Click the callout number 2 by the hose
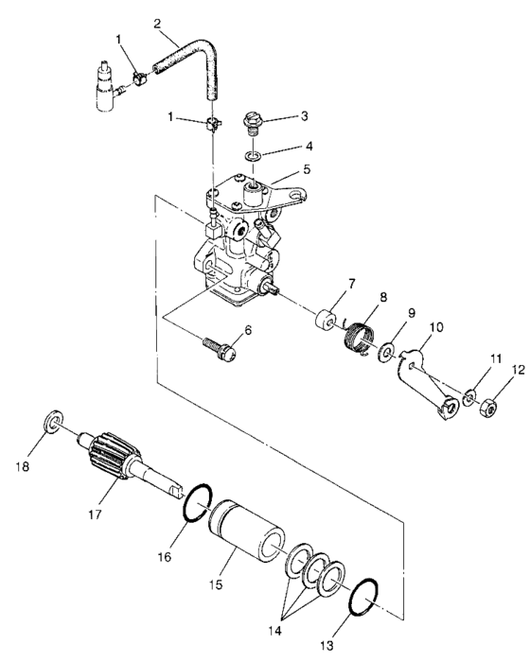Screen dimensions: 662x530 point(158,22)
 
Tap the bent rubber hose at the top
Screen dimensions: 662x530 point(198,66)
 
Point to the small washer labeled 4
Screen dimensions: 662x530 point(251,155)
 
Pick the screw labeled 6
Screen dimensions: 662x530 point(217,347)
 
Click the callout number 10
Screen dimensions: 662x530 point(408,328)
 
